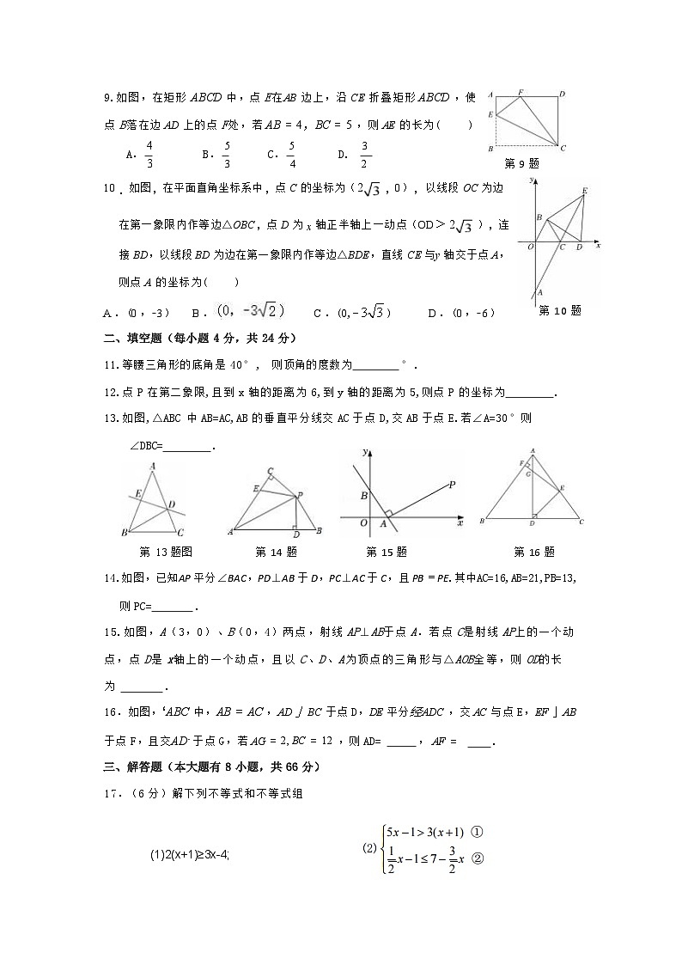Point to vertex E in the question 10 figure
point(585,190)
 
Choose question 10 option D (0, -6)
point(471,313)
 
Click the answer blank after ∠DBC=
point(186,446)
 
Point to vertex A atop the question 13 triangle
point(153,467)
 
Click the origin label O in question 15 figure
point(363,522)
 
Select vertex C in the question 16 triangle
point(582,522)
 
